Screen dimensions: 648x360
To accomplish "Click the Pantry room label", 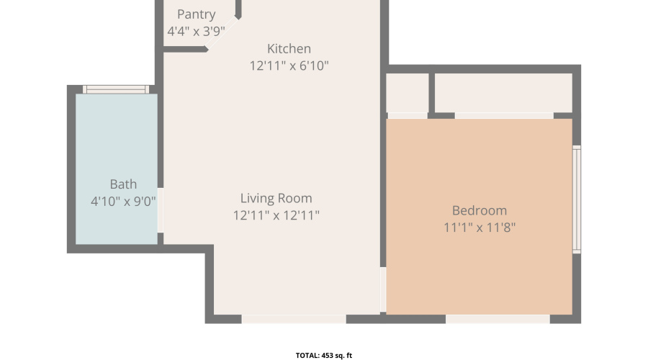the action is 197,14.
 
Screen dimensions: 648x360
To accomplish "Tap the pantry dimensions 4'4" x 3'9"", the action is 197,31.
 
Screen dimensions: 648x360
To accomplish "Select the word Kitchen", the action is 289,49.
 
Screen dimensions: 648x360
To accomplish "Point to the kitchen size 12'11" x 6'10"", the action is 289,66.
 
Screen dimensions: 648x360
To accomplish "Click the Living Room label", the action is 276,199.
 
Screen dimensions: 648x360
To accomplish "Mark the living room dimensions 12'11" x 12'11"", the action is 276,215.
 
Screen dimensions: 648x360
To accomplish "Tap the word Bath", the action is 123,184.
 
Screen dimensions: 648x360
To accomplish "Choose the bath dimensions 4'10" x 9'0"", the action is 123,202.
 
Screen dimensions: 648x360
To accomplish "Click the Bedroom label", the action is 480,211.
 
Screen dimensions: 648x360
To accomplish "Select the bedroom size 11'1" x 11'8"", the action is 480,228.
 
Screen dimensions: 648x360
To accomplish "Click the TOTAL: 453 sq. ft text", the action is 324,356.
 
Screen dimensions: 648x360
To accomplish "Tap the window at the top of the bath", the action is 116,89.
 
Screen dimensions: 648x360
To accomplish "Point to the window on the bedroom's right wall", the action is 577,199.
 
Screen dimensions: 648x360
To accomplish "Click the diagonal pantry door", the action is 222,33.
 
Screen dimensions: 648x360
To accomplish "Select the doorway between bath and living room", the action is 161,210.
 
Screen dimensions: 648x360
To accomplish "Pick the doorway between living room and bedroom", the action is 383,289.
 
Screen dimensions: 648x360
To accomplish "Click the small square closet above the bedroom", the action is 407,93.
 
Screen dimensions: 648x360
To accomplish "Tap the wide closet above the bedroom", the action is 503,93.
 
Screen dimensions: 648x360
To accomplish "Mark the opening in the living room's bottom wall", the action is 294,319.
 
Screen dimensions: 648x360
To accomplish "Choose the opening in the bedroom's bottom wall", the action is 498,319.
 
